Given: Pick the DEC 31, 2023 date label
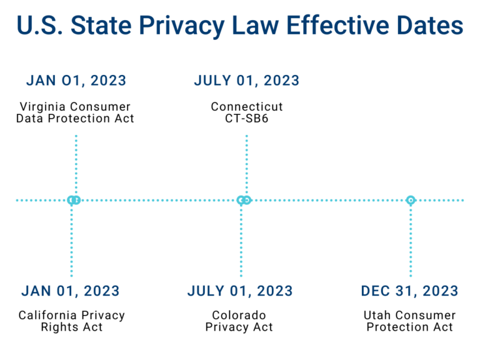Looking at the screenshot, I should click(409, 291).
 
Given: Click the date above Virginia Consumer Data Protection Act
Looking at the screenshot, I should click(76, 81).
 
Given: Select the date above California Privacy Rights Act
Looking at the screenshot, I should click(71, 291).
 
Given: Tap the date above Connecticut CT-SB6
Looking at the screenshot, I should click(247, 81).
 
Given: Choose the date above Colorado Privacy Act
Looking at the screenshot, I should click(240, 291).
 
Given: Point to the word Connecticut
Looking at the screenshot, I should click(247, 107).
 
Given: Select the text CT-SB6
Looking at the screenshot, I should click(247, 118).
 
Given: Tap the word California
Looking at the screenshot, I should click(49, 316).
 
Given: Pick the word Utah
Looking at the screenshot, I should click(377, 316).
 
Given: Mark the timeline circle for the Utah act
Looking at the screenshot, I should click(411, 200).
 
